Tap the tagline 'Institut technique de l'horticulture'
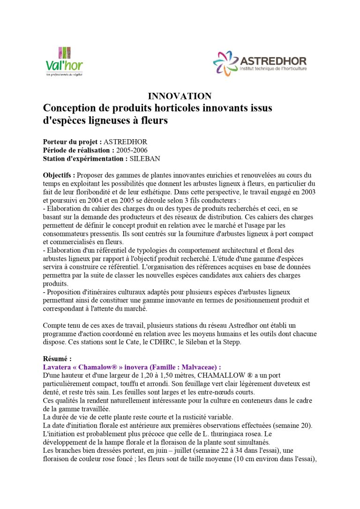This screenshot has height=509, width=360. [273, 69]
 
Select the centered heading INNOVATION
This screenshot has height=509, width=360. [180, 96]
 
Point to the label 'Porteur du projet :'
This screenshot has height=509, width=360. [72, 142]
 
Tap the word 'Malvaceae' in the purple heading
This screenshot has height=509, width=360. [194, 367]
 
